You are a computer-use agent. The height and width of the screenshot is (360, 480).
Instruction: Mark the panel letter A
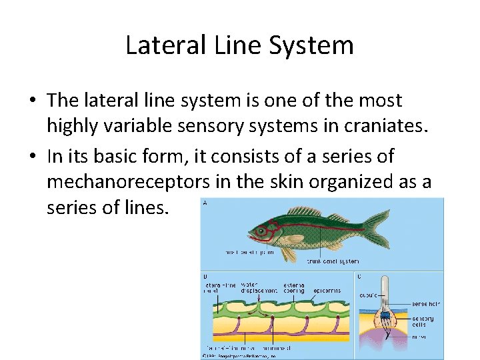pos(205,203)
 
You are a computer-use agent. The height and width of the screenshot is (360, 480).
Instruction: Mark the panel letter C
pos(360,275)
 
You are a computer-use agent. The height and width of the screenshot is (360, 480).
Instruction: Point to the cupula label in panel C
pos(368,294)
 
